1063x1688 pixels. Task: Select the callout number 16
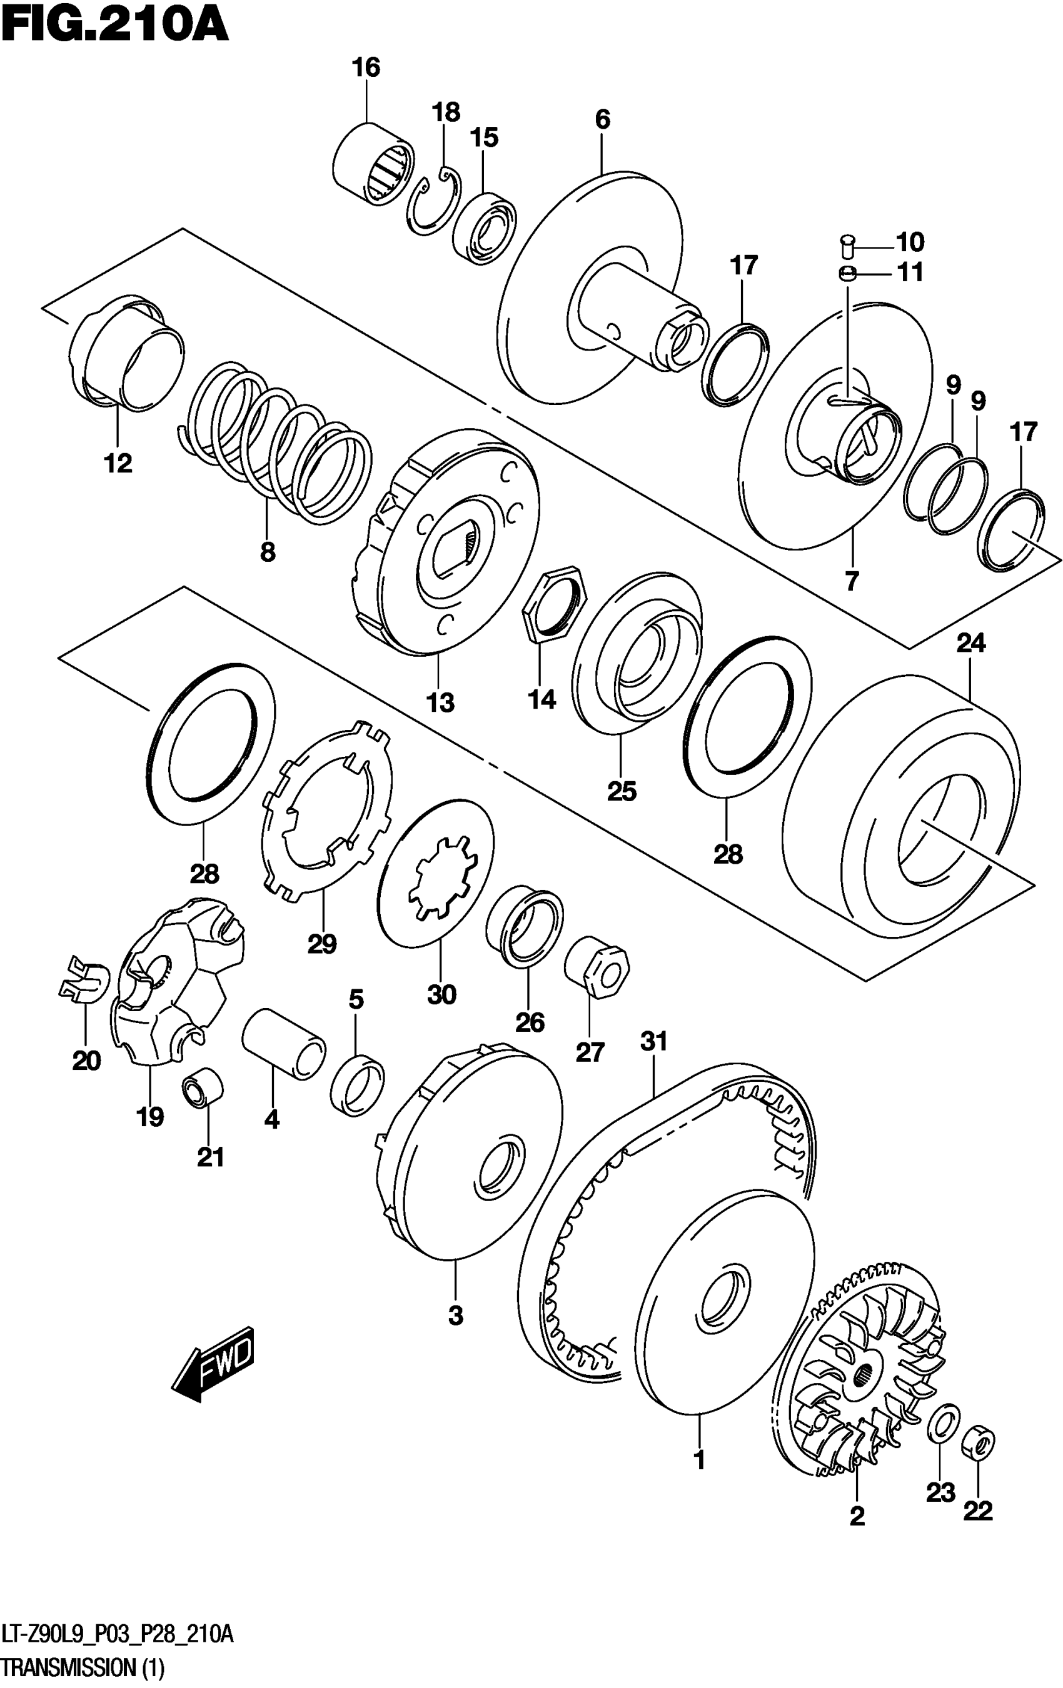[x=365, y=68]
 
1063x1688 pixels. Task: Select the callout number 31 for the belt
[x=653, y=1042]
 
